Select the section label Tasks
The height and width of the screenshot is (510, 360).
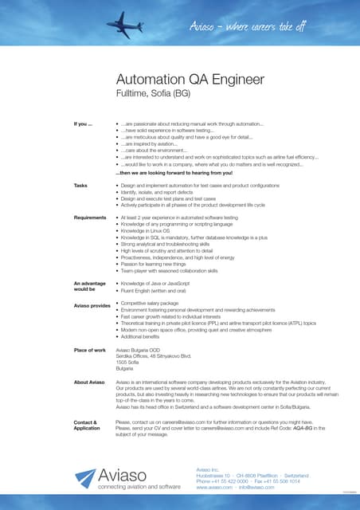pos(80,185)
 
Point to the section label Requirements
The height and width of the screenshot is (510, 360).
pos(90,217)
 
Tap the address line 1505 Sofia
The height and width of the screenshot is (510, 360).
pos(127,363)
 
